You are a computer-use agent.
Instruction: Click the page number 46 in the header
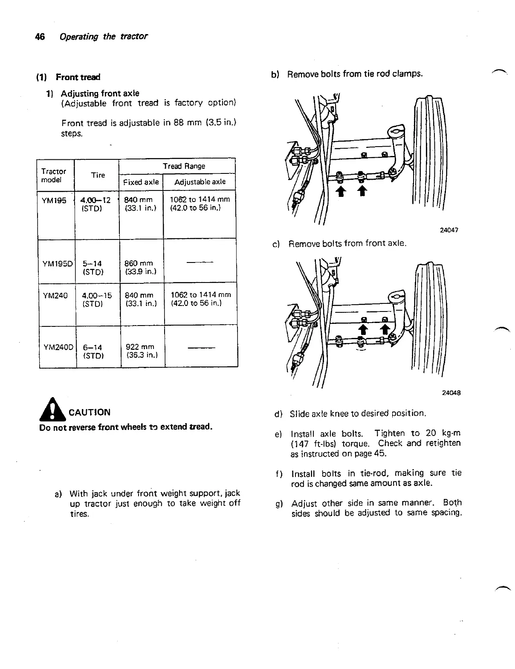click(x=41, y=37)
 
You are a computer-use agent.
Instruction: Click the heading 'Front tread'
click(x=78, y=77)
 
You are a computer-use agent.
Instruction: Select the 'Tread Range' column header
click(x=184, y=166)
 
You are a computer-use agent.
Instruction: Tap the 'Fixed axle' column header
click(x=141, y=182)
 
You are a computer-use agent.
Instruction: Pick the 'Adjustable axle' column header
click(x=200, y=182)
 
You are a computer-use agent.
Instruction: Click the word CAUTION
click(x=90, y=412)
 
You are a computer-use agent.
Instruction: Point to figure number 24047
click(x=449, y=230)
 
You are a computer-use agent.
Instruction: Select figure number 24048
click(x=451, y=392)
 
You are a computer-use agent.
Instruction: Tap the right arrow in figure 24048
click(x=385, y=329)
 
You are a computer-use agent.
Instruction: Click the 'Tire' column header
click(x=98, y=175)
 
